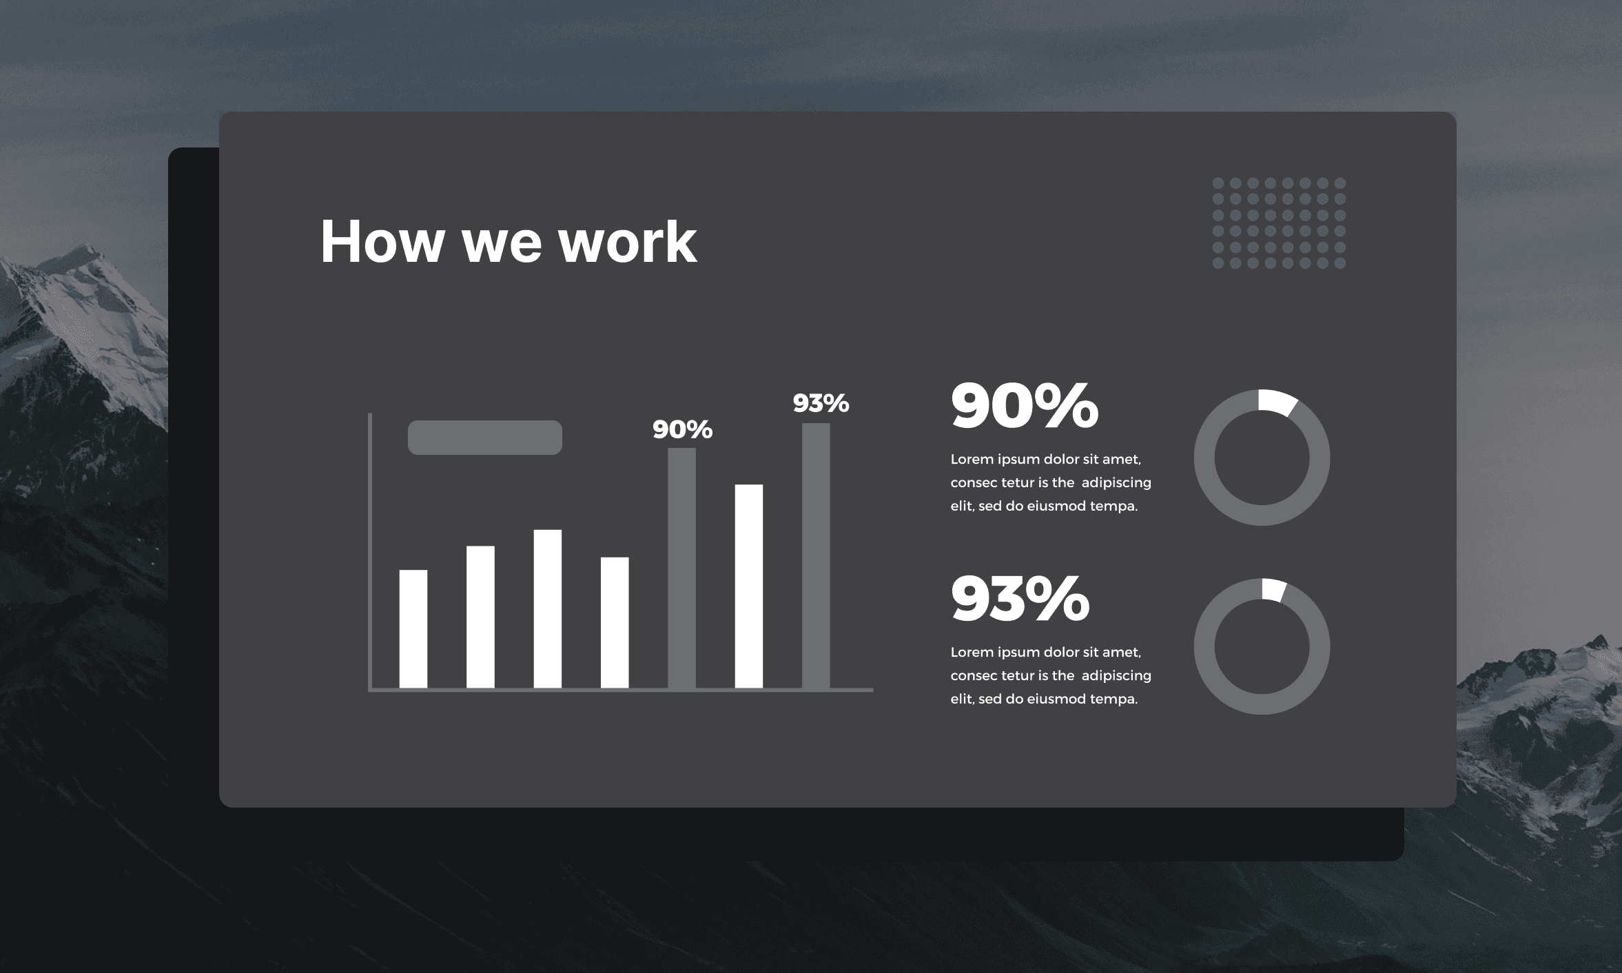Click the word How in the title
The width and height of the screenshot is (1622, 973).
point(382,241)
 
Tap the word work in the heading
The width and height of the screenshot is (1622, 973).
point(628,241)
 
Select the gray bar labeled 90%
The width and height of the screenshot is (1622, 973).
point(681,568)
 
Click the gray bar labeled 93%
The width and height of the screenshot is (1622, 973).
point(816,555)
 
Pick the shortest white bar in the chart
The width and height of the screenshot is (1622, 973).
point(413,628)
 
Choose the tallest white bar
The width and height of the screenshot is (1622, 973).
point(749,586)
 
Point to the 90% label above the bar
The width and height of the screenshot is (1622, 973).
point(682,429)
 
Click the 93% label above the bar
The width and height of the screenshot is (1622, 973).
point(821,403)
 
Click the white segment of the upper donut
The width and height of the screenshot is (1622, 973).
point(1277,402)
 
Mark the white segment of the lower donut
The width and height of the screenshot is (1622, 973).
point(1273,590)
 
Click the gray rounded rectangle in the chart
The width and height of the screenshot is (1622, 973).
point(485,438)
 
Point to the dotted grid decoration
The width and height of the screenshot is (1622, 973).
point(1279,223)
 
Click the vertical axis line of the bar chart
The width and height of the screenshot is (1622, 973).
point(370,551)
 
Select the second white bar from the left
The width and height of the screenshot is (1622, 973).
point(480,617)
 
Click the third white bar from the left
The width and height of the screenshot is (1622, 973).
point(548,608)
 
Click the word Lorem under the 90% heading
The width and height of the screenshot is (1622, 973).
point(972,459)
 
